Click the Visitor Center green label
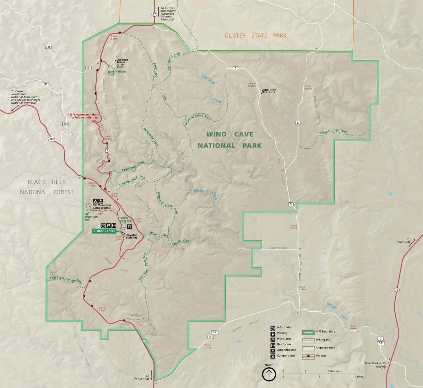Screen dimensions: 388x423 (x=104, y=231)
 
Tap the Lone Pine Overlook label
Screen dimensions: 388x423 (x=268, y=91)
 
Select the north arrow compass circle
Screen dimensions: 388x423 (x=269, y=374)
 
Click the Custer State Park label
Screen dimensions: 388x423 (x=255, y=36)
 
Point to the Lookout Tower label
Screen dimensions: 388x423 (x=122, y=61)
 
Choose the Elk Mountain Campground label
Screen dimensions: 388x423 (x=102, y=206)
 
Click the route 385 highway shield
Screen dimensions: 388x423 (x=52, y=139)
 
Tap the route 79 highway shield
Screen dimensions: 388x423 (x=397, y=290)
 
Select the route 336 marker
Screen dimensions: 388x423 (x=48, y=47)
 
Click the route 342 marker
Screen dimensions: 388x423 (x=65, y=124)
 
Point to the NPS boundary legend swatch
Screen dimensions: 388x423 (x=308, y=332)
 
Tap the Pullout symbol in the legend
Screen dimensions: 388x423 (x=308, y=356)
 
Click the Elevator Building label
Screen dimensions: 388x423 (x=131, y=236)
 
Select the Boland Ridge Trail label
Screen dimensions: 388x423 (x=333, y=131)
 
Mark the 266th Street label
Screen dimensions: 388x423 (x=278, y=248)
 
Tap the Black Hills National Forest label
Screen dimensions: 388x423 (x=47, y=187)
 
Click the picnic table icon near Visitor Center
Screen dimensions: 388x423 (x=129, y=226)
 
